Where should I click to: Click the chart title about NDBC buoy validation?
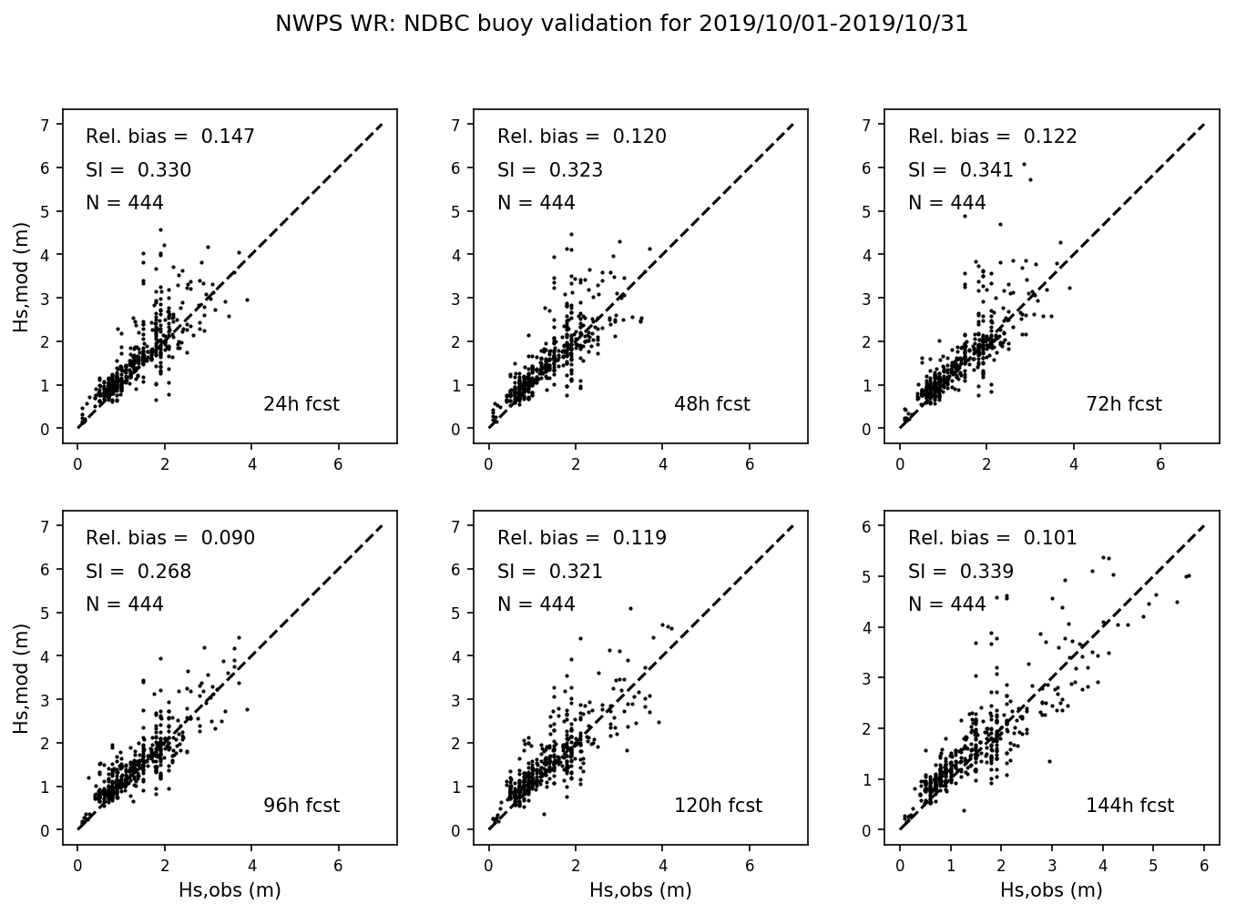point(621,25)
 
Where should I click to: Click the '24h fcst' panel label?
point(301,404)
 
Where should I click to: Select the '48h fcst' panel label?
point(711,404)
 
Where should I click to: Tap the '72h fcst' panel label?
point(1123,404)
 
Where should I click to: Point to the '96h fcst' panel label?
point(301,806)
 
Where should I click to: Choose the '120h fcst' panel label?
point(718,806)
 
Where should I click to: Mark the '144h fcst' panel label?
point(1129,806)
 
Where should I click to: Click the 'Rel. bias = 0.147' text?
point(170,137)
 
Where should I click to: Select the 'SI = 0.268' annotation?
point(138,572)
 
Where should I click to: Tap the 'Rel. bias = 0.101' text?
point(992,538)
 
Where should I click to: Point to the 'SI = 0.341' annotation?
point(961,170)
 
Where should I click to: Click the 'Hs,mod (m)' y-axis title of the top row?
point(21,284)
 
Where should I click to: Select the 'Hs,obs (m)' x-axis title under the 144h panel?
point(1051,890)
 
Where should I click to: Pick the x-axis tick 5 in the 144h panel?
point(1153,866)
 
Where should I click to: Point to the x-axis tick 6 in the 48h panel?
point(750,464)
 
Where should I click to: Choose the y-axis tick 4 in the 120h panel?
point(458,656)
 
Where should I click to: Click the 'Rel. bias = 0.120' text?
point(582,137)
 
